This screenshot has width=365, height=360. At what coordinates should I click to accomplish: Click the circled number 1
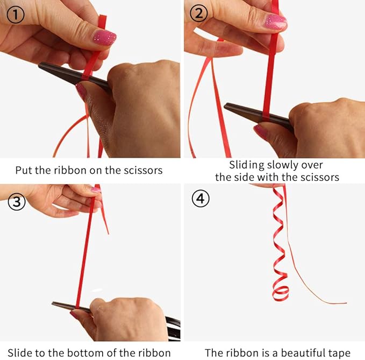tap(16, 15)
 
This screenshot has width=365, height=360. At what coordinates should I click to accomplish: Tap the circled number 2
tap(198, 13)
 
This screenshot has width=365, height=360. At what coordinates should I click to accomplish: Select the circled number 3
tap(17, 202)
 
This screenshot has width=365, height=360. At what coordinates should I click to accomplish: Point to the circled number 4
tap(201, 199)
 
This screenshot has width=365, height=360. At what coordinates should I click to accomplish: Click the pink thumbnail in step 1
tap(105, 37)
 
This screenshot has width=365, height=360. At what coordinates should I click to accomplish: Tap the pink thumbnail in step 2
tap(275, 22)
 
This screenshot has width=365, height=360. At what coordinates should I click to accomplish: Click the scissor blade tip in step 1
tap(39, 65)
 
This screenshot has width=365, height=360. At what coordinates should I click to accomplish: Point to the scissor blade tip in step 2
tap(225, 106)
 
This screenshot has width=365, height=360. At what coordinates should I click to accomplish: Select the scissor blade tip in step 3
tap(53, 303)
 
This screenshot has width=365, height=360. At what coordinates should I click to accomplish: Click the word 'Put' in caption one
tap(24, 170)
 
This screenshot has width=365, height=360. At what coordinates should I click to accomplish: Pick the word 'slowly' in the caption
tap(283, 165)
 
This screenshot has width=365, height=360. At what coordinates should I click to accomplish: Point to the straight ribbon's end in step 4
tap(346, 303)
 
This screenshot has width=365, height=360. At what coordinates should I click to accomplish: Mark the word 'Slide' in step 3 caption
tap(20, 353)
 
